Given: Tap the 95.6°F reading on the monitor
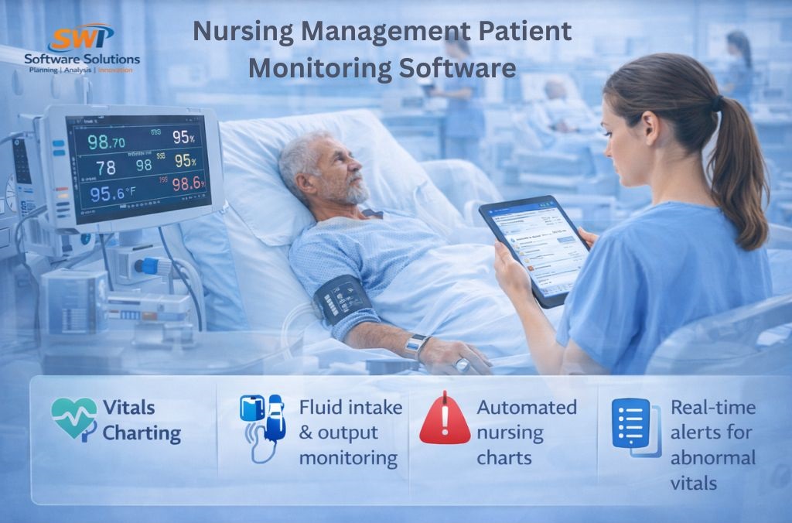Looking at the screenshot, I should (110, 193).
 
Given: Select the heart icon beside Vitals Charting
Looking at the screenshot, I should (73, 419).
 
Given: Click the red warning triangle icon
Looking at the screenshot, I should (445, 419).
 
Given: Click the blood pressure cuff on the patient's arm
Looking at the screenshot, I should (341, 299).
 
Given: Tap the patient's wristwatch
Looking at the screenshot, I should (416, 345).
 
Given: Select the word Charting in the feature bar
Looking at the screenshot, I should (142, 433).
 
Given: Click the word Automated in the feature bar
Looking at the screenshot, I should (527, 407).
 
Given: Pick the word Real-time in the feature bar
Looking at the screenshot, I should (712, 407).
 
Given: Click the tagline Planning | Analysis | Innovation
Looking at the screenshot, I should (80, 70).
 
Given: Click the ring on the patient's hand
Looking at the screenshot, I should (462, 364).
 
